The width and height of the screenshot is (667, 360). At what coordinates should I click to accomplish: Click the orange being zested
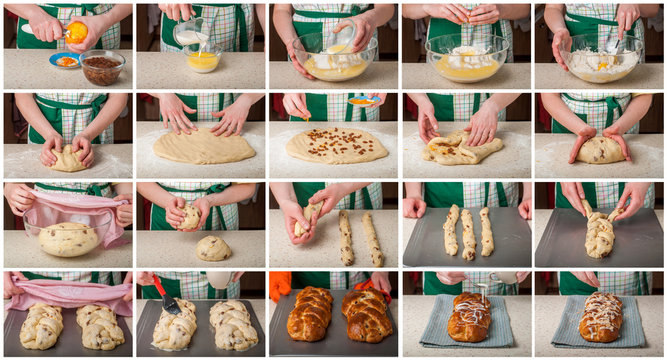tap(76, 32)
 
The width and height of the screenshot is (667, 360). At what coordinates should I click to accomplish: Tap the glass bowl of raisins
tap(101, 68)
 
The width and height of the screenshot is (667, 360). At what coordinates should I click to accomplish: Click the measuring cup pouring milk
tap(190, 34)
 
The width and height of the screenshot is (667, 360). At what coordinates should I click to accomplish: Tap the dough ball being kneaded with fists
tap(67, 157)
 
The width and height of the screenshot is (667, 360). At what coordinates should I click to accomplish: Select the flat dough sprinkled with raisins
tap(336, 146)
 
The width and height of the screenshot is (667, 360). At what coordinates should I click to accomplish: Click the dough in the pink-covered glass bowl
tap(67, 238)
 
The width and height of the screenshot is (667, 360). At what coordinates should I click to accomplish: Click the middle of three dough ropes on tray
tap(467, 233)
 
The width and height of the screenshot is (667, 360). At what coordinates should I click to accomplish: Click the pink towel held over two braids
tap(67, 291)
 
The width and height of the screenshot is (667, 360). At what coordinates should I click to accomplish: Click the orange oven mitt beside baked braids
tap(280, 285)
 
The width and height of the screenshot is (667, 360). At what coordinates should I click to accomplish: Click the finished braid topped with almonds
tap(601, 318)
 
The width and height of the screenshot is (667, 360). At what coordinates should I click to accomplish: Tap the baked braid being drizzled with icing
tap(469, 318)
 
